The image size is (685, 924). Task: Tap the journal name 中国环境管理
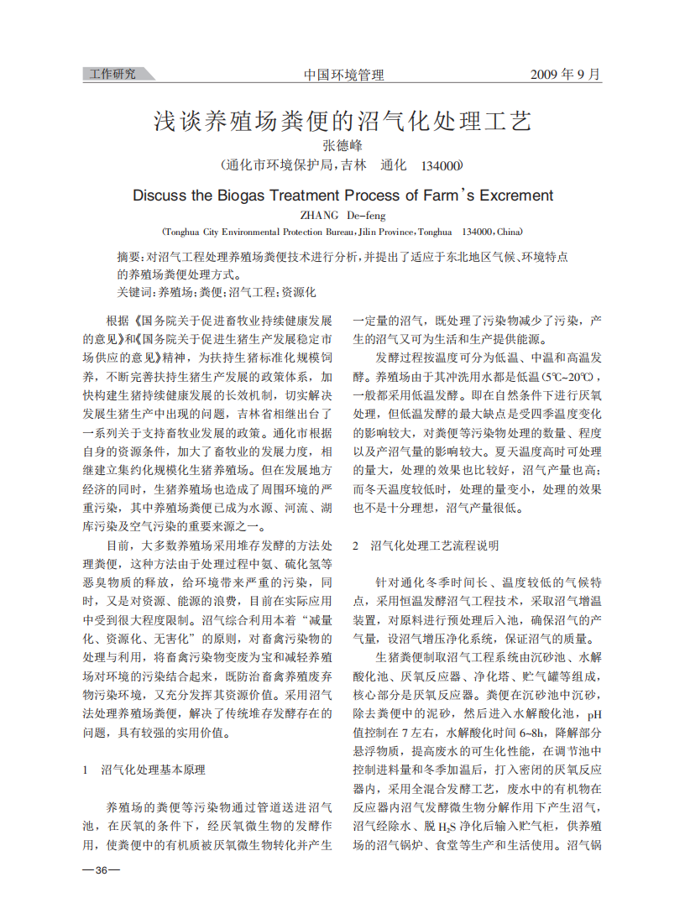343,75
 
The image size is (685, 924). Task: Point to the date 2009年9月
566,74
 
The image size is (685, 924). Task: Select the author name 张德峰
342,145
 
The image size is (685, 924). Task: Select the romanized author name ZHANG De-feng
342,215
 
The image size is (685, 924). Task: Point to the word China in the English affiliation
509,231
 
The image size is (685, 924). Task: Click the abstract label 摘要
128,256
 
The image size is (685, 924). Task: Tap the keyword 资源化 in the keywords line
299,292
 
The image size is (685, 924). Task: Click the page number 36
101,869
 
